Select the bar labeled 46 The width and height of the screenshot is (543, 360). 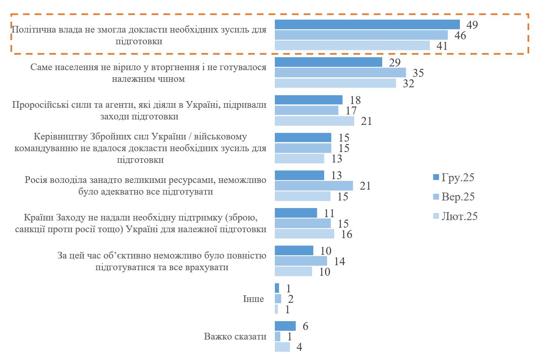coord(361,35)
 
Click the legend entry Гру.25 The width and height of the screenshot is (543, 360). coord(453,177)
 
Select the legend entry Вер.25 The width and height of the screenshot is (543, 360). coord(453,197)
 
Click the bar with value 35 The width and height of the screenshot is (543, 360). coord(340,73)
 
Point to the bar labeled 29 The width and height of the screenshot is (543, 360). coord(328,62)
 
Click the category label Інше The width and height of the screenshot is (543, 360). coord(253,299)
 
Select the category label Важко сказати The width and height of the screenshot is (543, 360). coord(236,337)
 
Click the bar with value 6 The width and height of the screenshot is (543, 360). coord(285,326)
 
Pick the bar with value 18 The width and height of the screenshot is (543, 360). coord(308,100)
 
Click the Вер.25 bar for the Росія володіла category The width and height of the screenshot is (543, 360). coord(313,186)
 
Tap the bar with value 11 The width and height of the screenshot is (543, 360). coord(296,213)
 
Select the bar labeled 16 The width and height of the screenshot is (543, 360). coord(304,234)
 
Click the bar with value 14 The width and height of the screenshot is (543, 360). coord(301,261)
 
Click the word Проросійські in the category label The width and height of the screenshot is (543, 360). coord(37,105)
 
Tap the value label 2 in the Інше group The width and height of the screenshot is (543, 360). coord(288,299)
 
